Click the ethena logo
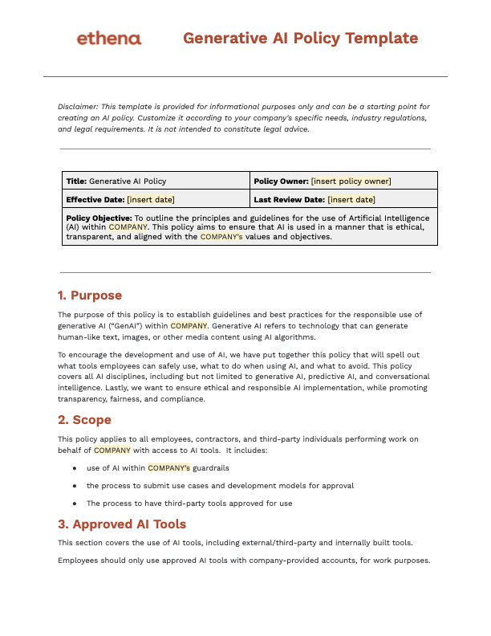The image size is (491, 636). click(108, 39)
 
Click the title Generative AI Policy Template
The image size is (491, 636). click(300, 38)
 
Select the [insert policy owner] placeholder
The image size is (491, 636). click(351, 181)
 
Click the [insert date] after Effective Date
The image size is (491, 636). click(151, 199)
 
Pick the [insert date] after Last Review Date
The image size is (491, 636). click(351, 199)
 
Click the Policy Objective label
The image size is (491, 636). click(99, 218)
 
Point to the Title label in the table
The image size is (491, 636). click(76, 181)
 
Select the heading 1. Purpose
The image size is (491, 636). click(90, 296)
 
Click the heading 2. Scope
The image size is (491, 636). click(84, 420)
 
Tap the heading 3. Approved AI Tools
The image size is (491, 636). click(122, 524)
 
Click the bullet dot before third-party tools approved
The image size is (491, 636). click(75, 503)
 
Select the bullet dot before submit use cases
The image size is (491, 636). click(75, 486)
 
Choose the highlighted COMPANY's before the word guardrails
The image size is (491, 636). click(168, 467)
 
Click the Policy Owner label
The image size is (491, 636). click(281, 181)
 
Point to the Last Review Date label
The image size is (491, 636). click(289, 199)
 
